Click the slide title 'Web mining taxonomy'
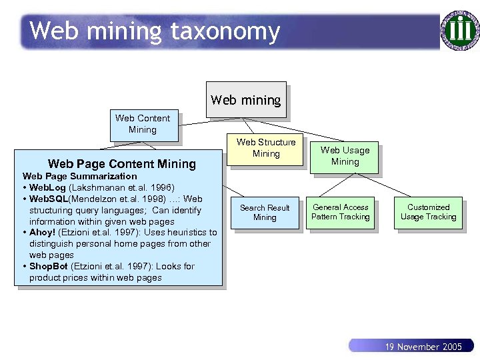[154, 31]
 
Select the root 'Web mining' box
[246, 100]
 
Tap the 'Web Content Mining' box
[143, 124]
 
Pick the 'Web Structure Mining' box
[266, 148]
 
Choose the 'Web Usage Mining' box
[345, 156]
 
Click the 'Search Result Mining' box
[265, 213]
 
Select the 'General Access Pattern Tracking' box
[341, 212]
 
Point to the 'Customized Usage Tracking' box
[428, 212]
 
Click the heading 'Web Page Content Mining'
[122, 164]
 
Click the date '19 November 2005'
[423, 347]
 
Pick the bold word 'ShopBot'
[49, 266]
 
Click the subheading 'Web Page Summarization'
[79, 176]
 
